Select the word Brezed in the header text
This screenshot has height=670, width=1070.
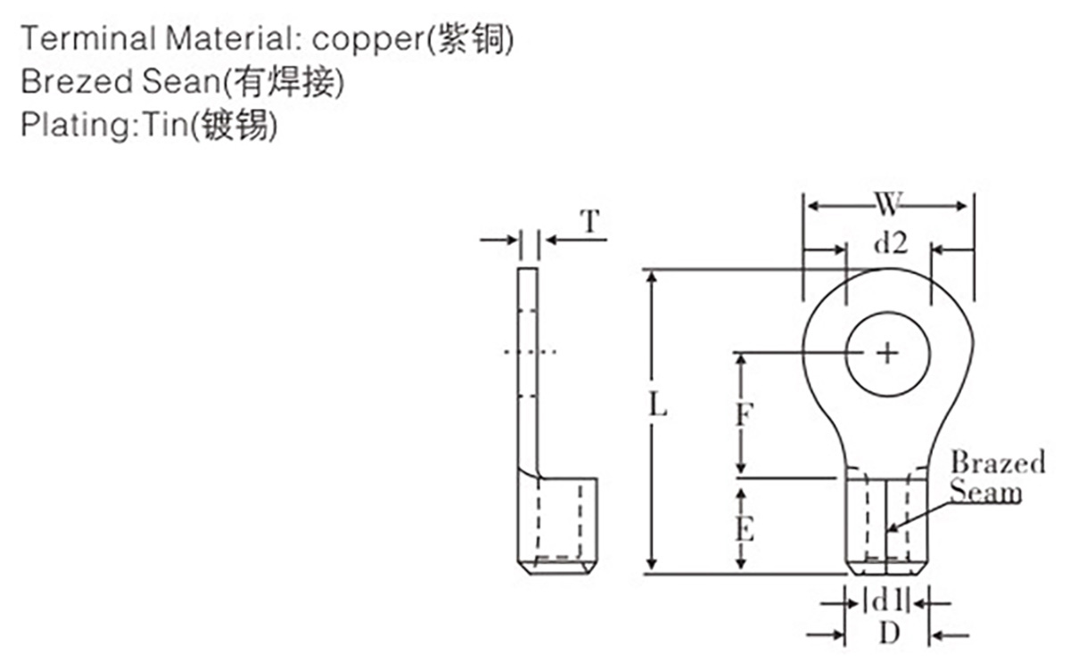pyautogui.click(x=77, y=81)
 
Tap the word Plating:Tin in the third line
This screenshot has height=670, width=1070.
pyautogui.click(x=105, y=124)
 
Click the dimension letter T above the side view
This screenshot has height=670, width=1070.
pyautogui.click(x=590, y=221)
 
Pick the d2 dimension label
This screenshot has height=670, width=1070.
pyautogui.click(x=891, y=243)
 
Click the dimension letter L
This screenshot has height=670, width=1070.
pyautogui.click(x=658, y=404)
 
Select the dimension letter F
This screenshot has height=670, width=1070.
pyautogui.click(x=745, y=413)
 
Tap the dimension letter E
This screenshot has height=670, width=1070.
pyautogui.click(x=745, y=528)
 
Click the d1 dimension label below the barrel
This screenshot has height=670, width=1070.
pyautogui.click(x=887, y=601)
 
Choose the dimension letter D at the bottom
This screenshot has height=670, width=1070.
pyautogui.click(x=890, y=634)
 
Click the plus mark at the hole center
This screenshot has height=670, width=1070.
pyautogui.click(x=887, y=354)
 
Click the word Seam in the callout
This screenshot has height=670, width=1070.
pyautogui.click(x=985, y=492)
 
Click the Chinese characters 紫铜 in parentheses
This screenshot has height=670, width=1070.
pyautogui.click(x=471, y=39)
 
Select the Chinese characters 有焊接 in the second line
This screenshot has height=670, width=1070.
pyautogui.click(x=284, y=82)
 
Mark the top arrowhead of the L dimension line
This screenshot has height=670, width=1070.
pyautogui.click(x=652, y=277)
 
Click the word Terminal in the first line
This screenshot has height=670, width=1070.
pyautogui.click(x=88, y=38)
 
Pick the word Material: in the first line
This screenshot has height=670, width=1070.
pyautogui.click(x=234, y=38)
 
